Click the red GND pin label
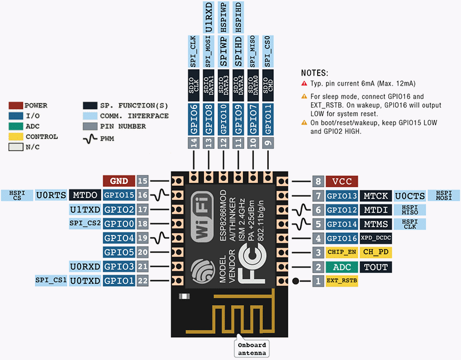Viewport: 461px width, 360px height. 119,181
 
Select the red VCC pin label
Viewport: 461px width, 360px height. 342,182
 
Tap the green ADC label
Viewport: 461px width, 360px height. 342,267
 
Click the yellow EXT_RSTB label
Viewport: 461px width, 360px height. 342,281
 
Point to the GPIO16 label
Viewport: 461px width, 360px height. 342,238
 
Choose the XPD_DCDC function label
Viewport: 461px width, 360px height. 375,238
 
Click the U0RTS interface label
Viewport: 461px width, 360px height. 51,195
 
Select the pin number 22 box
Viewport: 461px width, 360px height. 143,281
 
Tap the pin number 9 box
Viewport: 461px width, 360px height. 268,143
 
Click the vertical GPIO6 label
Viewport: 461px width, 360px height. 194,119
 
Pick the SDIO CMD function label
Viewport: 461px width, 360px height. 268,86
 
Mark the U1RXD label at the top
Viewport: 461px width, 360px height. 208,17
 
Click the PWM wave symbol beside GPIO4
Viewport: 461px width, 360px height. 159,238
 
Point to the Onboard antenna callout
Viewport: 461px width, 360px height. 252,348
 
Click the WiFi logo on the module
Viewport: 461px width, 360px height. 202,217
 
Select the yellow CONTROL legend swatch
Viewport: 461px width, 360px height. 16,137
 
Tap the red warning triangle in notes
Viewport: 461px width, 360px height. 304,83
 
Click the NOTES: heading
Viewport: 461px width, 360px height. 314,73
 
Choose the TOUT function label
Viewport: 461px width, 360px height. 375,267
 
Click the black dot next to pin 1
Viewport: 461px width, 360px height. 296,281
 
